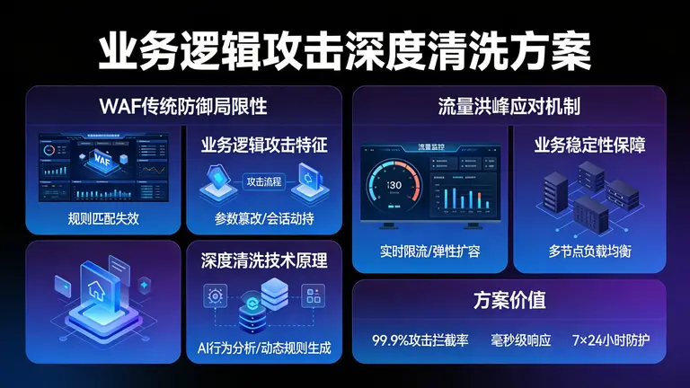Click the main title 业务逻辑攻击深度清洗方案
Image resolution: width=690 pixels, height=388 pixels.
coord(345,51)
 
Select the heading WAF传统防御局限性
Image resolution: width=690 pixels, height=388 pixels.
coord(183,106)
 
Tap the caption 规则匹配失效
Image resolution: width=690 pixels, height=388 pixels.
coord(104,217)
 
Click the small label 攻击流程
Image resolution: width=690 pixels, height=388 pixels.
coord(263,181)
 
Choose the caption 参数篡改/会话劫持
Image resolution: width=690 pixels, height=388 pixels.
coord(263,218)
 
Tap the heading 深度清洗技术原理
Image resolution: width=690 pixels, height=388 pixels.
coord(263,261)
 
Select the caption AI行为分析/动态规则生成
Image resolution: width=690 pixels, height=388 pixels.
coord(263,347)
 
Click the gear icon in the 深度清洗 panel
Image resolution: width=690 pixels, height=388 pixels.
coord(215,295)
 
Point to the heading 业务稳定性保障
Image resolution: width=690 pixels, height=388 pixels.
coord(589,145)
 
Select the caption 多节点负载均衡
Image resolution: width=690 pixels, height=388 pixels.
coord(589,251)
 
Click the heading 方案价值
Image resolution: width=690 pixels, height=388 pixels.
coord(509,300)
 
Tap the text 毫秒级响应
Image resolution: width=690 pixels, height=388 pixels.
coord(520,340)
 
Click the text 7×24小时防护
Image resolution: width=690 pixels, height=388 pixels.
coord(610,340)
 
